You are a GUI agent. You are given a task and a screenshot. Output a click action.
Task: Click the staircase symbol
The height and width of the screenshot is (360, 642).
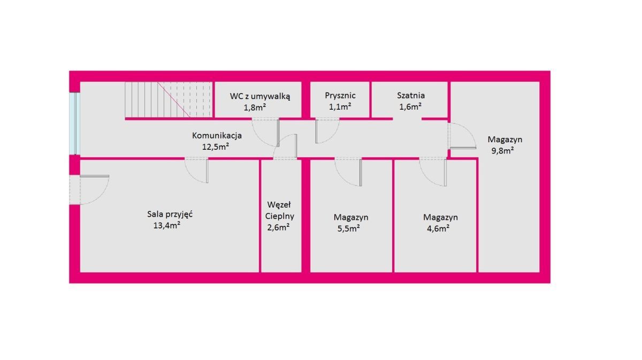(x=169, y=99)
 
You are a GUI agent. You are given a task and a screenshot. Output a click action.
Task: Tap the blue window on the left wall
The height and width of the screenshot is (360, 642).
(x=74, y=124)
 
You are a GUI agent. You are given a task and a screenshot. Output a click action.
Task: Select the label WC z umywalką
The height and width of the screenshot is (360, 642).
(x=259, y=96)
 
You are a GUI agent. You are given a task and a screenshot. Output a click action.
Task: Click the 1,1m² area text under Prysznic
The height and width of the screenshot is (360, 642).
(x=340, y=107)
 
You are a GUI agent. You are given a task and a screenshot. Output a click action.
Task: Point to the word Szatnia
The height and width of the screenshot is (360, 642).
(x=411, y=95)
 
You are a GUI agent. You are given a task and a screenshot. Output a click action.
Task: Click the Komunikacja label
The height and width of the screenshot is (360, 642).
(x=217, y=135)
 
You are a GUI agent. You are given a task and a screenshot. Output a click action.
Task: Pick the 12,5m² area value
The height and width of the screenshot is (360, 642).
(x=216, y=147)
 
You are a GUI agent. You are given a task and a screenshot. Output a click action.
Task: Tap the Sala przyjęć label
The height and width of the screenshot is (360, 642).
(x=170, y=215)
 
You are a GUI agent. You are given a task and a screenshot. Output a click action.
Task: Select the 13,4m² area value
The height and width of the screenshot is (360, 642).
(x=167, y=226)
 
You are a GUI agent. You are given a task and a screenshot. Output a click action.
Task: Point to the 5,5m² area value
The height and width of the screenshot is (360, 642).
(x=349, y=229)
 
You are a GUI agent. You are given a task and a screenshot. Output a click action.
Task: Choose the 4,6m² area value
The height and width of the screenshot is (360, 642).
(x=438, y=229)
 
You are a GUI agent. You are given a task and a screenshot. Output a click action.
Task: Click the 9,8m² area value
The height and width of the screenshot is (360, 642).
(x=503, y=151)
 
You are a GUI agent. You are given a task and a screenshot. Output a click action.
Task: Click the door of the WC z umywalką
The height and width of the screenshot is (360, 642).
(x=265, y=132)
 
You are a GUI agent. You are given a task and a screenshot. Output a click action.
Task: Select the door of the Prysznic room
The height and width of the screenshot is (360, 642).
(x=327, y=131)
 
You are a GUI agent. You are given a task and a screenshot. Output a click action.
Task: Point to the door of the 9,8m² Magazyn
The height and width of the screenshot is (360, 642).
(x=462, y=136)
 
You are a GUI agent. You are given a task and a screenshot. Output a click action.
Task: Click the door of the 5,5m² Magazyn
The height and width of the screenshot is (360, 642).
(x=348, y=172)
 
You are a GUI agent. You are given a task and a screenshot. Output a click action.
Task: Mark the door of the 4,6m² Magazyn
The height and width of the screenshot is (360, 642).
(x=433, y=172)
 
